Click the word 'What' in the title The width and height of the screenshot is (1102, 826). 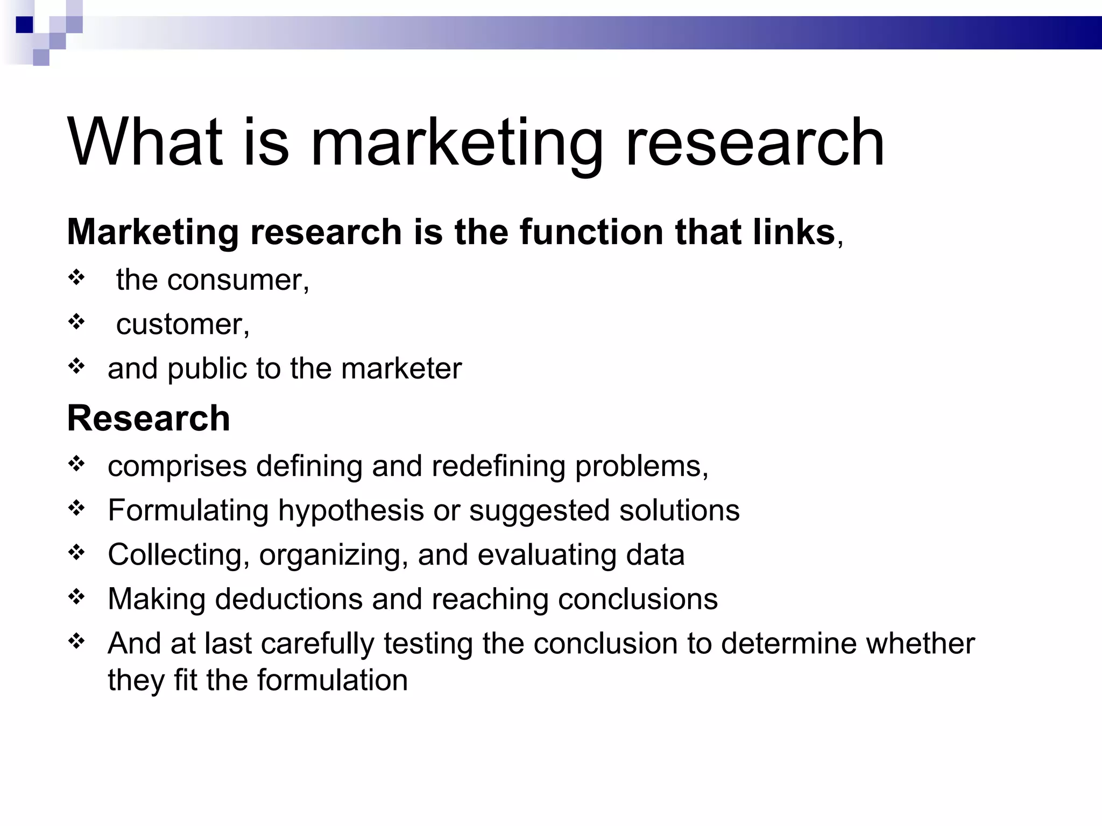pos(144,143)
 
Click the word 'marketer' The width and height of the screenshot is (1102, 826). pos(401,369)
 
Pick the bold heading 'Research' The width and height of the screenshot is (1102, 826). pos(149,418)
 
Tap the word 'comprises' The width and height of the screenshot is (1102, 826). pos(177,466)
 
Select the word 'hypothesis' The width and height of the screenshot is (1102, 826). pos(351,510)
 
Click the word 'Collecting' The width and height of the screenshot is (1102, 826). pos(175,555)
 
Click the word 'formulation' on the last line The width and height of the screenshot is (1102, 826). pos(332,680)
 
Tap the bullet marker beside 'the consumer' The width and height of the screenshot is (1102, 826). pos(77,278)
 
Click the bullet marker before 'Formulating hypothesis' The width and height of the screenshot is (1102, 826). pos(77,508)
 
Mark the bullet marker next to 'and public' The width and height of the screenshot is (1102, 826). pos(77,366)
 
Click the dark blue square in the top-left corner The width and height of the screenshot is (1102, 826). pos(25,25)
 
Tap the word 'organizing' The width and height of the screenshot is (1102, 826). pos(329,555)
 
